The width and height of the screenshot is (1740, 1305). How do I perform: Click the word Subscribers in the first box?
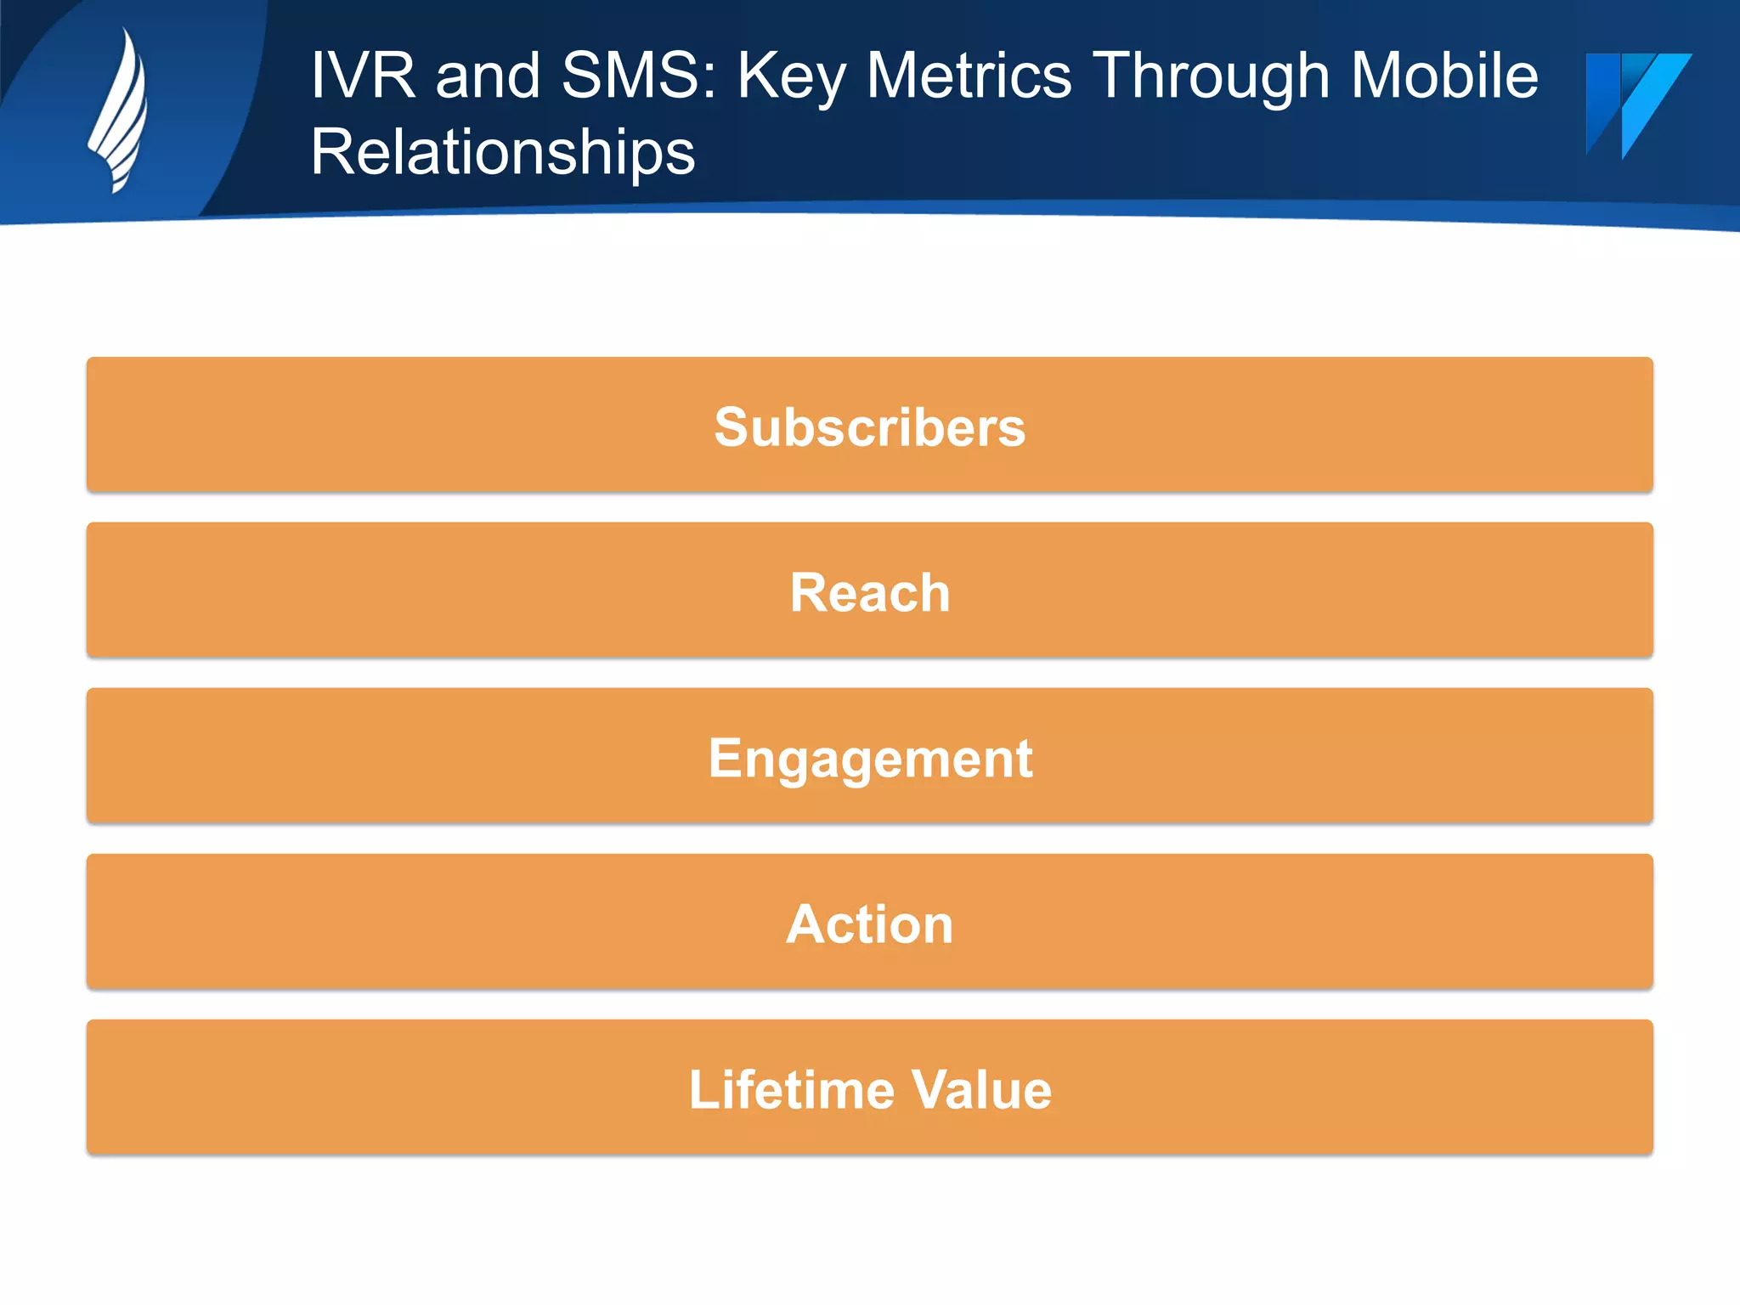click(869, 427)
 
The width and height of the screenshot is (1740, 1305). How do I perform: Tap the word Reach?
click(869, 592)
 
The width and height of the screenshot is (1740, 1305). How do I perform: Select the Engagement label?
click(869, 758)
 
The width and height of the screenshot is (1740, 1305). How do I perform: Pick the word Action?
click(869, 924)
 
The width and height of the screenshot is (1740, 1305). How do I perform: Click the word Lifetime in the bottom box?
click(791, 1089)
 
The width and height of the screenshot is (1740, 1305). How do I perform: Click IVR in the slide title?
click(363, 76)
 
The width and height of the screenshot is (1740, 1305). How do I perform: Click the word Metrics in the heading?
click(969, 76)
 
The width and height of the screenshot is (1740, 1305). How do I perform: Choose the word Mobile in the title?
click(1443, 76)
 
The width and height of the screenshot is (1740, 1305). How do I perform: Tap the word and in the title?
click(488, 76)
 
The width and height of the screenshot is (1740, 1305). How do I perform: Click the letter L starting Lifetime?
click(701, 1089)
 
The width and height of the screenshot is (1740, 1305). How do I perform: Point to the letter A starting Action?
click(804, 924)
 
